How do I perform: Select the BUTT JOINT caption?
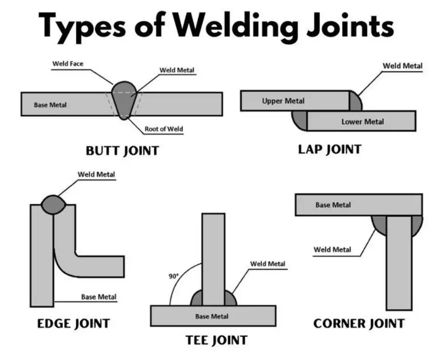122,151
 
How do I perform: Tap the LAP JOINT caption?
330,149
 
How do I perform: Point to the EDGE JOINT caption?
74,323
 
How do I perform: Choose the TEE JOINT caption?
217,340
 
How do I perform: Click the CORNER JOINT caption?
359,323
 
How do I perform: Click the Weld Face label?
67,64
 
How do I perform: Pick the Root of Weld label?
163,129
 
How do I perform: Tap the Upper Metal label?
283,101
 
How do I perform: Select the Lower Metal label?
362,122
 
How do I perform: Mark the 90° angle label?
174,276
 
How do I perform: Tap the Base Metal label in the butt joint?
50,105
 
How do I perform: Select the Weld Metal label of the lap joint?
402,66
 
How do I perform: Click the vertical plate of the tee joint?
213,258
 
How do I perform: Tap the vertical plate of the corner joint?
399,263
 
